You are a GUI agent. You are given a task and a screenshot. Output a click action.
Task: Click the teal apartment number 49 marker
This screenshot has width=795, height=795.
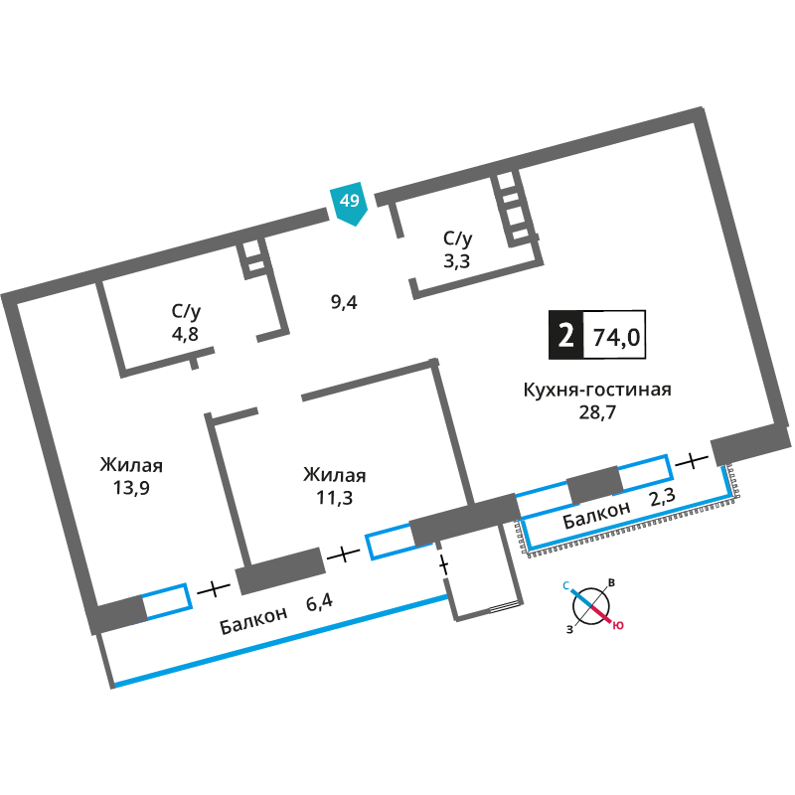[x=349, y=203]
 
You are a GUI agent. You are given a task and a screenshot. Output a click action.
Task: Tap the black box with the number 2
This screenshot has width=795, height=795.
[x=565, y=335]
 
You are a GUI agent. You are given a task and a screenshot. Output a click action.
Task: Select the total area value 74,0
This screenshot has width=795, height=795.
[x=616, y=337]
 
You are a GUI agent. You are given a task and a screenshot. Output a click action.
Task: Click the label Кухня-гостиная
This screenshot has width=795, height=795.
[x=597, y=390]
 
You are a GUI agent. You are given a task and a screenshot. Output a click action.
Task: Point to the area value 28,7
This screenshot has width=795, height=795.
[x=597, y=412]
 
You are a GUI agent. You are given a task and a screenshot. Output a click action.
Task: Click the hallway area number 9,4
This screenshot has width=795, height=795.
[x=344, y=303]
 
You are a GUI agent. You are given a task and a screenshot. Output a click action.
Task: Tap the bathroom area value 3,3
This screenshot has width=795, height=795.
[x=456, y=260]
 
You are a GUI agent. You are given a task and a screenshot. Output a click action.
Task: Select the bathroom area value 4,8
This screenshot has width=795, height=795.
[x=185, y=334]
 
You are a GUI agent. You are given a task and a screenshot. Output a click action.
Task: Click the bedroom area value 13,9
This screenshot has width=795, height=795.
[x=131, y=488]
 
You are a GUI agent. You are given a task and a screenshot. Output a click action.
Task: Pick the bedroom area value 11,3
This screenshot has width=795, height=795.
[x=334, y=498]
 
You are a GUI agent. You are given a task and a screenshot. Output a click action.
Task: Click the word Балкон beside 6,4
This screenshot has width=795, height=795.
[x=253, y=620]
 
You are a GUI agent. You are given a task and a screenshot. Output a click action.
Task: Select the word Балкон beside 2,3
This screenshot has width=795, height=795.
[x=597, y=515]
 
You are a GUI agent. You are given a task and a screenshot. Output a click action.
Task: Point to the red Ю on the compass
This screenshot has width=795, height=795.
[x=618, y=625]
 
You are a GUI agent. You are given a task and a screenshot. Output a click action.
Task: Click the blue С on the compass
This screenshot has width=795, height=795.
[x=566, y=586]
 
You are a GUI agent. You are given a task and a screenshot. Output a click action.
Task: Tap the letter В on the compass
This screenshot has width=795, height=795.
[x=612, y=583]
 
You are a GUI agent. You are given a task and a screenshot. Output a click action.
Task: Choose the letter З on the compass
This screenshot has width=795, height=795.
[x=569, y=630]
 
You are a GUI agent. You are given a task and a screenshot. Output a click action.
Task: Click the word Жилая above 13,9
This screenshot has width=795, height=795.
[x=131, y=465]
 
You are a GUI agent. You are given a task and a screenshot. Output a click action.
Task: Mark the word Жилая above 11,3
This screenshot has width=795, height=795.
[x=334, y=475]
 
